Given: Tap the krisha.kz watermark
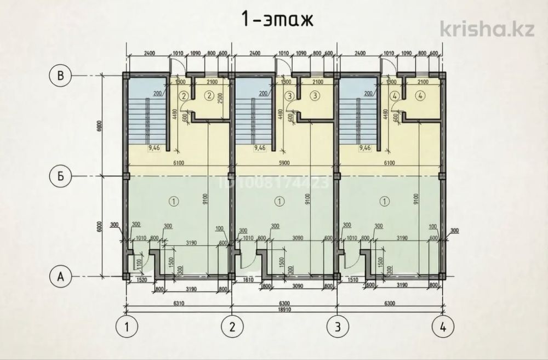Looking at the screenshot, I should (487, 28).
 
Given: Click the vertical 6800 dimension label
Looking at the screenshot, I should (99, 126).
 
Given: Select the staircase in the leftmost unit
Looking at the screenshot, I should (146, 118).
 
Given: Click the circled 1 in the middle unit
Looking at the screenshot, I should (281, 202).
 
